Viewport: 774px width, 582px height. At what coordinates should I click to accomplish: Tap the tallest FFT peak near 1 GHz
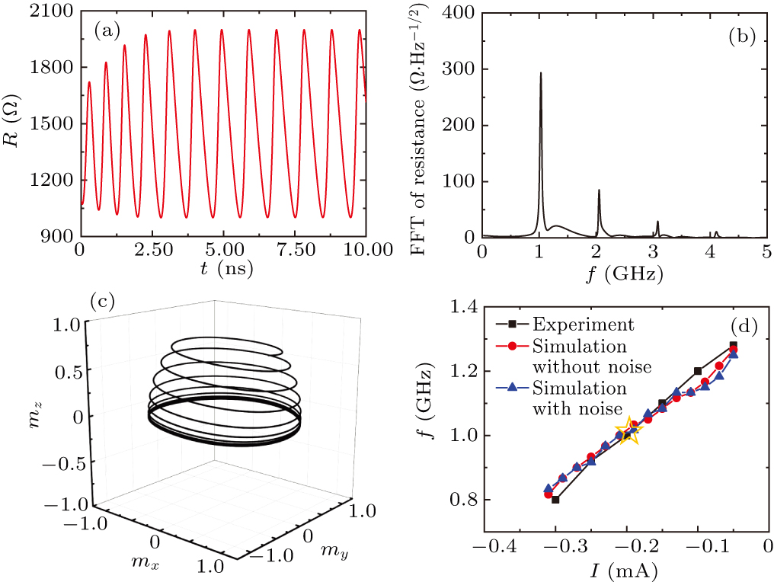tap(540, 74)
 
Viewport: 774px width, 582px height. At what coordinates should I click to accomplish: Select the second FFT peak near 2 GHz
tap(599, 190)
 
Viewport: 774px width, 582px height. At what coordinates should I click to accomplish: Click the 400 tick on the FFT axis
tap(458, 11)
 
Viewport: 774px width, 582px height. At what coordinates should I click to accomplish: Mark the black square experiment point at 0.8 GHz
tap(555, 500)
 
